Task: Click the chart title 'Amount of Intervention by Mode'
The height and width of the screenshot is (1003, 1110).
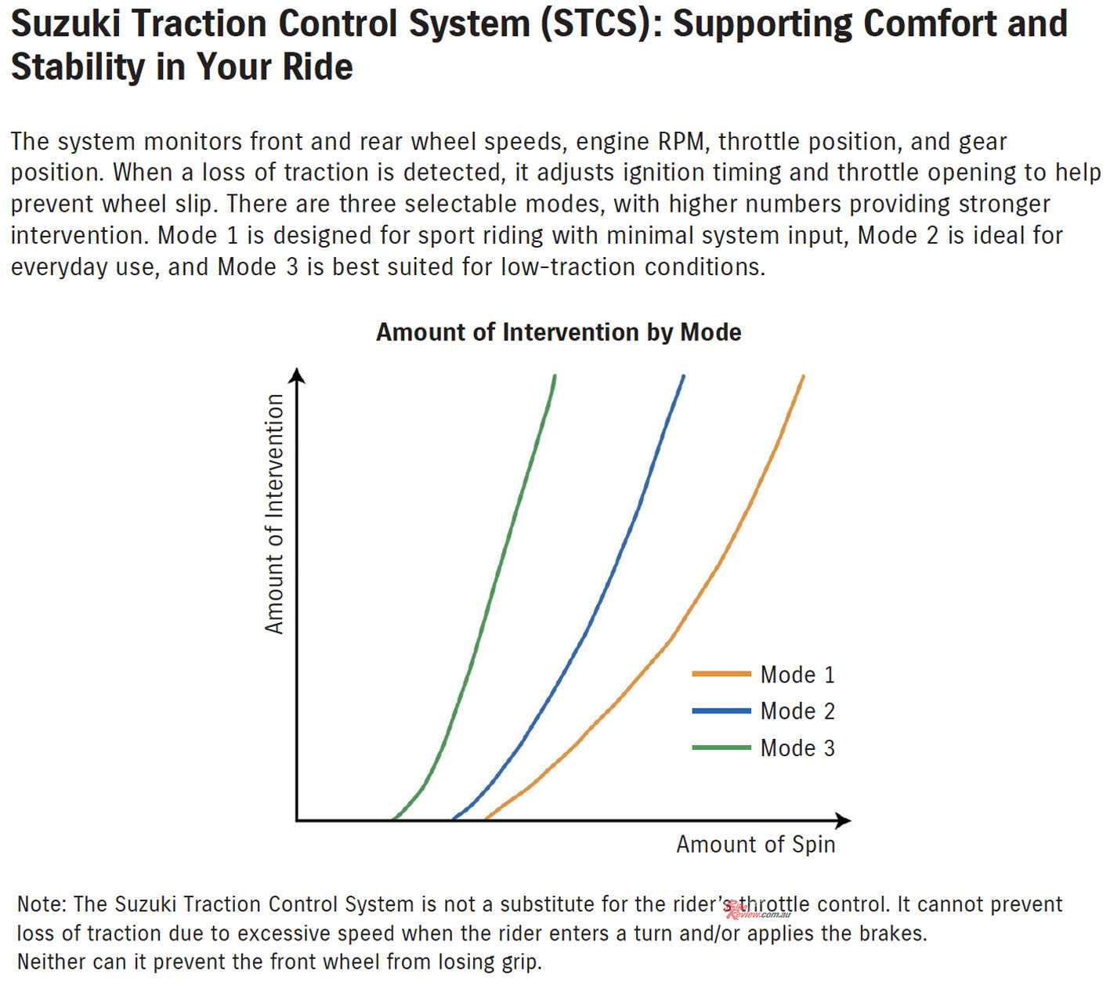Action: pyautogui.click(x=559, y=333)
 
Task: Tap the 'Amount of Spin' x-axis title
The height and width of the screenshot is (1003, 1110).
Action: pyautogui.click(x=755, y=845)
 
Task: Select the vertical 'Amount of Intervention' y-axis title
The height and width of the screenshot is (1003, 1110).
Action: pyautogui.click(x=274, y=514)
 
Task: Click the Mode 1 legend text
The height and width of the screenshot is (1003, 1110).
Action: pyautogui.click(x=797, y=675)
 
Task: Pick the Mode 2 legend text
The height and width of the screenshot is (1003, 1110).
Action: pyautogui.click(x=797, y=712)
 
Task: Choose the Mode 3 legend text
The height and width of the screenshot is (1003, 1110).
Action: pyautogui.click(x=797, y=748)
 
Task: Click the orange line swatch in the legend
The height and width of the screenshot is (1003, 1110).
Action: pyautogui.click(x=721, y=674)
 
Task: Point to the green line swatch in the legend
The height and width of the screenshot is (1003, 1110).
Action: pyautogui.click(x=721, y=748)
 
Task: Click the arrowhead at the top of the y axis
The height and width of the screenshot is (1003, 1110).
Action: pyautogui.click(x=297, y=375)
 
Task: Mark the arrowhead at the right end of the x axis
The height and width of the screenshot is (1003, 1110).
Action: pyautogui.click(x=844, y=820)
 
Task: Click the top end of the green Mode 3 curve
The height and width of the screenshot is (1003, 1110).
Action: pyautogui.click(x=555, y=376)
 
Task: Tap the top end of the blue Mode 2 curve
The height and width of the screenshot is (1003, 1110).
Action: pyautogui.click(x=683, y=376)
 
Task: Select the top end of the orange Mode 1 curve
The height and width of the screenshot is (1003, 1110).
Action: pyautogui.click(x=803, y=376)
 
